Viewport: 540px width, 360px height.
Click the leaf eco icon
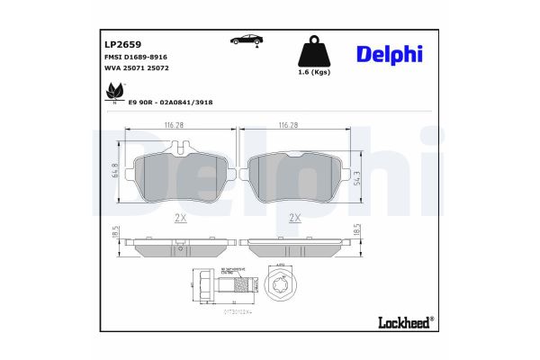tap(115, 91)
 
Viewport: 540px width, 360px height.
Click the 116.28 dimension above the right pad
tap(290, 125)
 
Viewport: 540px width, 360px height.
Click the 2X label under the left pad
tap(179, 218)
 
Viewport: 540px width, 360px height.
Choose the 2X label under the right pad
tap(293, 218)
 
